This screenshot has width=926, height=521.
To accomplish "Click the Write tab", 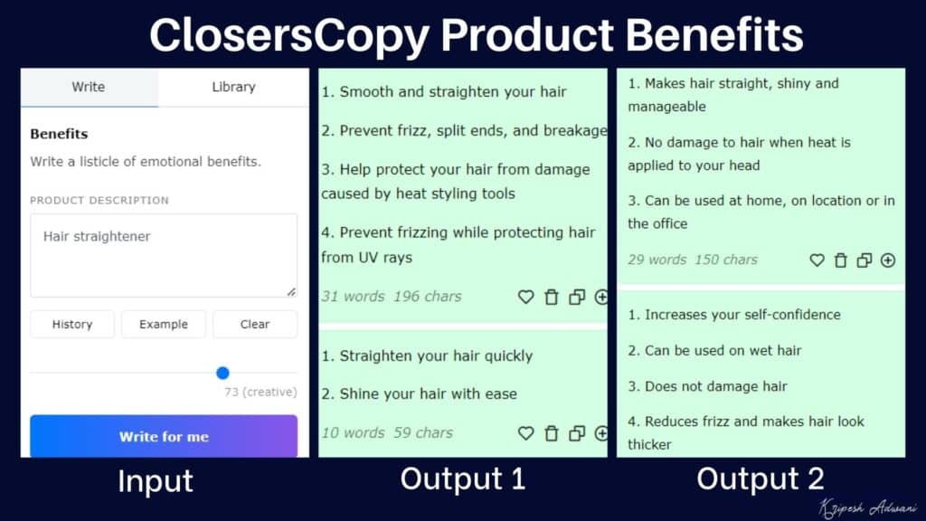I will [89, 88].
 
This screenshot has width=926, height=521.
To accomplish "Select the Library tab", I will [233, 88].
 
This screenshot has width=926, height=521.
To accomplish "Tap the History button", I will [72, 324].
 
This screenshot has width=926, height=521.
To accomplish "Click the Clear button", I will [255, 324].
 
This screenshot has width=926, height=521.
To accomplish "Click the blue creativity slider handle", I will [223, 373].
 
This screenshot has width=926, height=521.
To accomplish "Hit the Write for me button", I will [164, 436].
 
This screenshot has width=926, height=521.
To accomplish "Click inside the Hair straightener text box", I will [164, 255].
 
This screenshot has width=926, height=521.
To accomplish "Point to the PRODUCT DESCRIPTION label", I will [99, 200].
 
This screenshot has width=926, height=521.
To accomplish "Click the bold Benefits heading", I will [59, 134].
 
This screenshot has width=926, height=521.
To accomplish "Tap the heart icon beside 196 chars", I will [525, 297].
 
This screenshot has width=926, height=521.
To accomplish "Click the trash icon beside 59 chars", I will [552, 433].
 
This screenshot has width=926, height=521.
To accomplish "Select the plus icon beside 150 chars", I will [888, 260].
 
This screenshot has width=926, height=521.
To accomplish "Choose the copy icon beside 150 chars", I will [865, 260].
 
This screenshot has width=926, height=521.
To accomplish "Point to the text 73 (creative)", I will [260, 393].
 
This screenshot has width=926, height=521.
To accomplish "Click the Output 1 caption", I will [462, 479].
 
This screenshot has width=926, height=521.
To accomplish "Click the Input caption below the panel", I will [156, 481].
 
